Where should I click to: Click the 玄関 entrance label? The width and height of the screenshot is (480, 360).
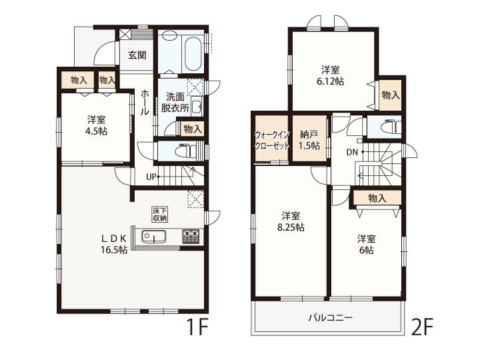point(137,55)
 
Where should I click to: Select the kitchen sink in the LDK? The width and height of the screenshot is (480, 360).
point(154,236)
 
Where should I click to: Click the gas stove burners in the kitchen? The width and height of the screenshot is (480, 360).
point(191,236)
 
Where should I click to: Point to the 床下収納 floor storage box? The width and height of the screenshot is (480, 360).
point(160,215)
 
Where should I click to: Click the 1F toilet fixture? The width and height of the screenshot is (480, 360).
point(187,151)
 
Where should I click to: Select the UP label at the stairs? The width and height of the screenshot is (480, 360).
point(151,177)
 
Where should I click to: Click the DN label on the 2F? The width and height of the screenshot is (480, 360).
point(352,152)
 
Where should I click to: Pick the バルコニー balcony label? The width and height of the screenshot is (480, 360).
point(330,317)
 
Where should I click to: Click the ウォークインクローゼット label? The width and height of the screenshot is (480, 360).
point(272,140)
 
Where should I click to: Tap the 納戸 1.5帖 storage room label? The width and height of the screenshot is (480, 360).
point(309,140)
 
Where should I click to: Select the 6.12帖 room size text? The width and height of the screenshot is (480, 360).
point(330,82)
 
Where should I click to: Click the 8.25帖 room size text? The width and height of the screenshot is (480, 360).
point(291,227)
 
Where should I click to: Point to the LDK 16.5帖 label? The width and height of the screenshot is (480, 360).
point(114,244)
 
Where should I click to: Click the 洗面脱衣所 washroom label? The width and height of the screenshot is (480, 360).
point(175,102)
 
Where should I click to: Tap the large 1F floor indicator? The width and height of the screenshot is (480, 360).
point(198,328)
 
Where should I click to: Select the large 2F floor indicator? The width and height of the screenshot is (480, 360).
point(423,328)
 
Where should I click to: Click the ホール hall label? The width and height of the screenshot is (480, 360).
point(145,103)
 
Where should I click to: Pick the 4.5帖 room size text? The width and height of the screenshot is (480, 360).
point(97,131)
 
